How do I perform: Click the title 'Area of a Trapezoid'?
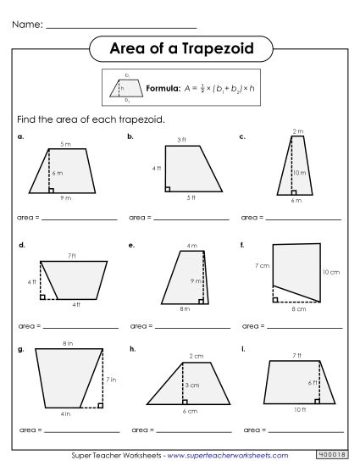[x=180, y=48]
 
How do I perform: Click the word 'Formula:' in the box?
[x=163, y=87]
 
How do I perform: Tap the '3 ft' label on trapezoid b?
[x=181, y=139]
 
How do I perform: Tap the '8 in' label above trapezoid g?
[x=65, y=343]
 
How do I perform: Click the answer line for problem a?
[x=79, y=219]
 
